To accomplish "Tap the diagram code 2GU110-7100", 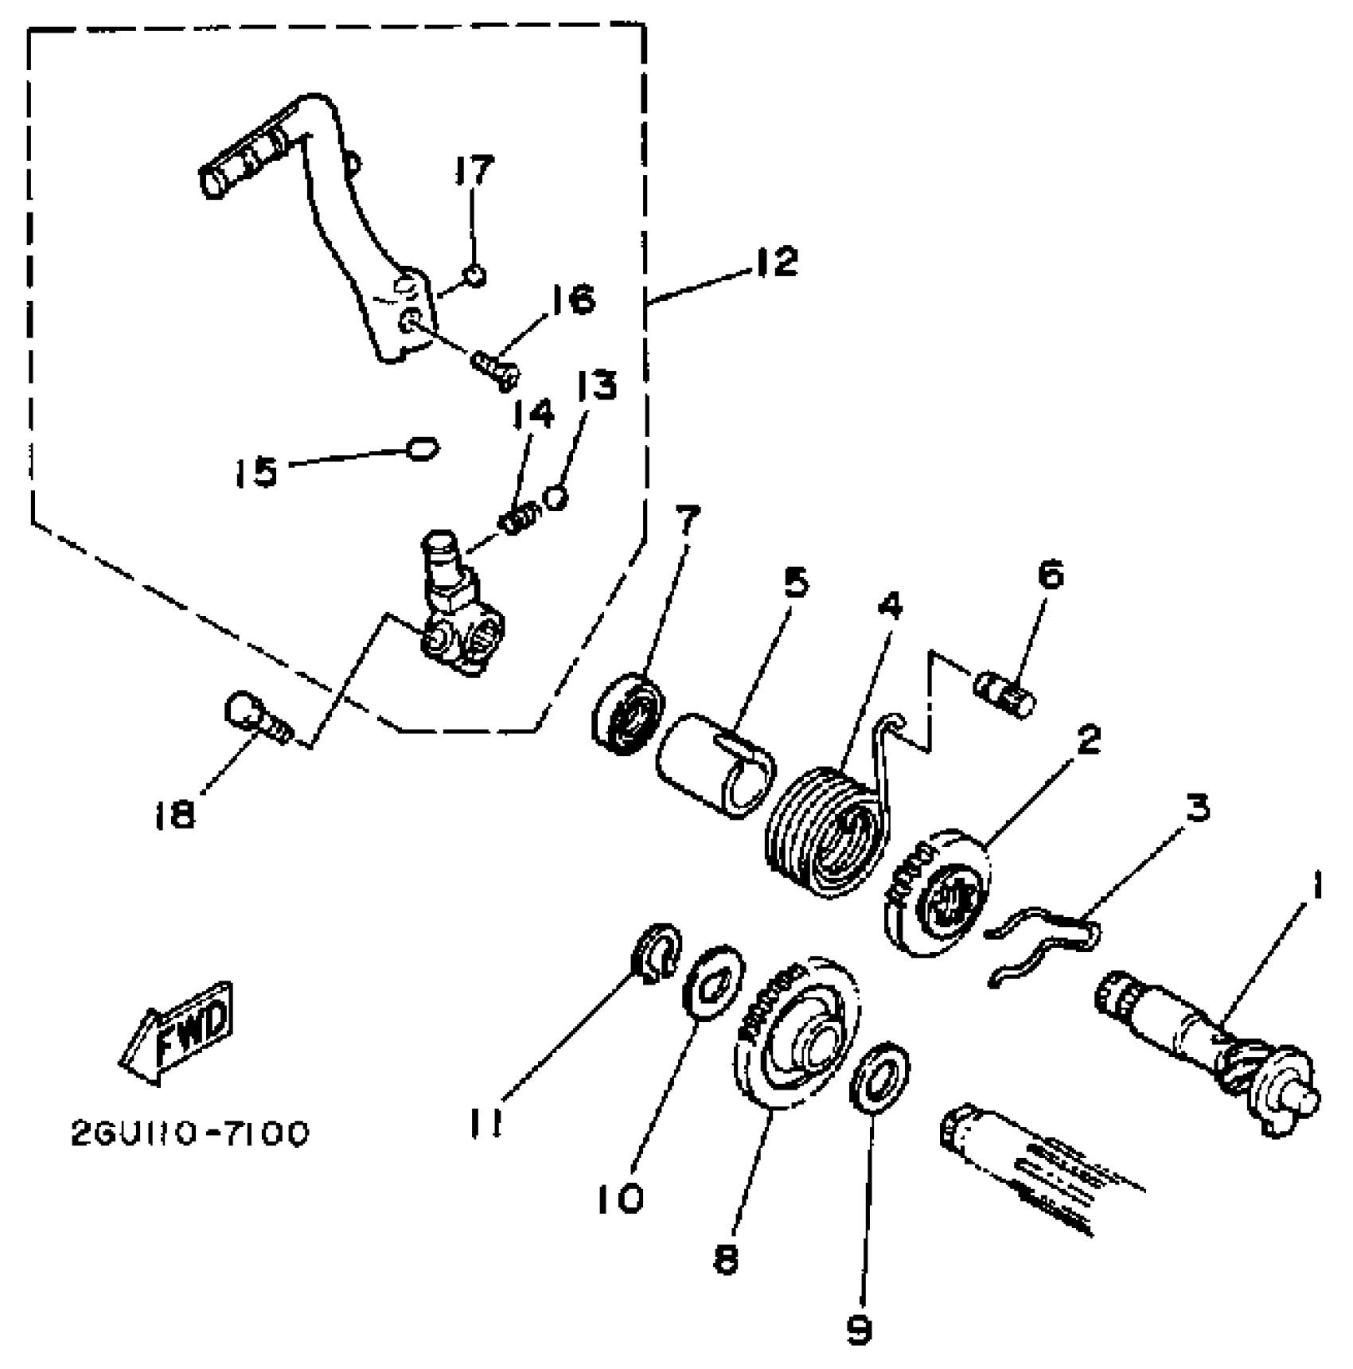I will point(189,1134).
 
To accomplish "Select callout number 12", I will point(776,261).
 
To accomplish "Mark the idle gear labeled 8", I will point(796,1035).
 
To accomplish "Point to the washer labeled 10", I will point(714,981).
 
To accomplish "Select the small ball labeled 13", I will point(556,497).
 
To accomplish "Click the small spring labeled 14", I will point(519,521).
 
